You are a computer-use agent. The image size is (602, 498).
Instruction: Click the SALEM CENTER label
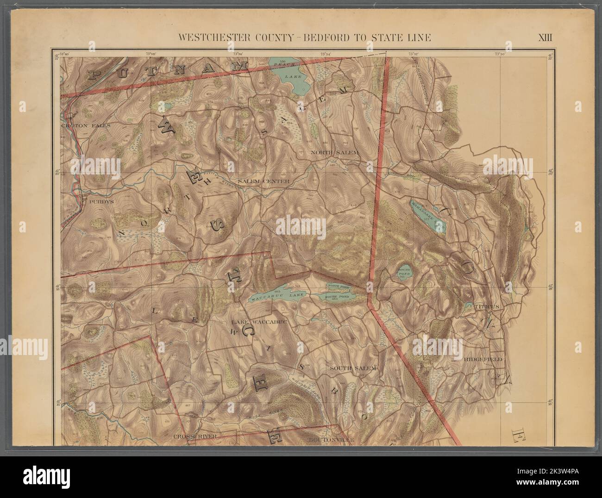click(x=263, y=181)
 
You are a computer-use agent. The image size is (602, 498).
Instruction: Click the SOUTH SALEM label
click(x=354, y=367)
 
